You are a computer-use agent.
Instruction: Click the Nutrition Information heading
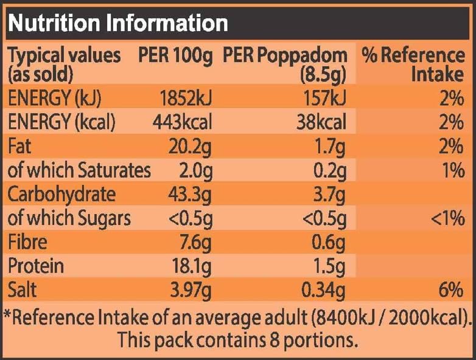coord(118,23)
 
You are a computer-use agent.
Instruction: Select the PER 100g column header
coord(175,56)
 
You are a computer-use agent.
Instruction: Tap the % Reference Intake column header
coord(413,64)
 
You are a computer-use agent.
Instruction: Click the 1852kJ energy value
coord(186,98)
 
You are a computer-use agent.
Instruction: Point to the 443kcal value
coord(182,122)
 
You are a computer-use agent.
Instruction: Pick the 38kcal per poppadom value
coord(321,122)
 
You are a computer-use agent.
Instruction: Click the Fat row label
coord(19,146)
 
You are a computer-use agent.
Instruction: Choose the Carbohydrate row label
coord(61,195)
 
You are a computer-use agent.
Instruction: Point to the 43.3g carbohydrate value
coord(190,196)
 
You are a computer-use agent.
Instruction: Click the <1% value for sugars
coord(447,218)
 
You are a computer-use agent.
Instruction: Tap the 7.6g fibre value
coord(195,243)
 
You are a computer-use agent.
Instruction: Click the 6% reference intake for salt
coord(451,289)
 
